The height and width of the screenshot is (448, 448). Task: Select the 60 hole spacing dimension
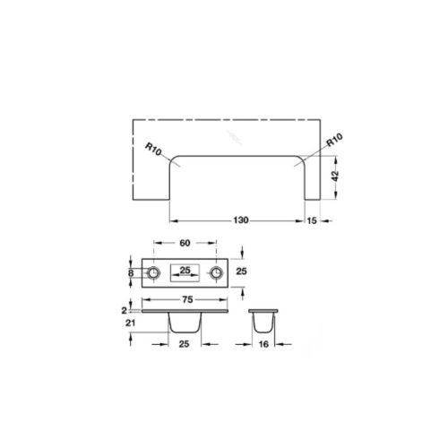[x=185, y=243]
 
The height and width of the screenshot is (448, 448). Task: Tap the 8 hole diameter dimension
[x=131, y=272]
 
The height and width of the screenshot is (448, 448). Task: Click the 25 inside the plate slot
[x=185, y=271]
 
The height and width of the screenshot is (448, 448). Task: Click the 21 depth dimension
[x=132, y=323]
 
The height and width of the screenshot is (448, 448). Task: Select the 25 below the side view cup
[x=185, y=344]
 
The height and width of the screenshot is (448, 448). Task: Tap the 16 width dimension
[x=264, y=344]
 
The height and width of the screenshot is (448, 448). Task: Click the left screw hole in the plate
[x=155, y=272]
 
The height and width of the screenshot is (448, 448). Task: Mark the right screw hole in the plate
[x=216, y=272]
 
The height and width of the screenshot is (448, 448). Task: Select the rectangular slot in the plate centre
[x=185, y=271]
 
